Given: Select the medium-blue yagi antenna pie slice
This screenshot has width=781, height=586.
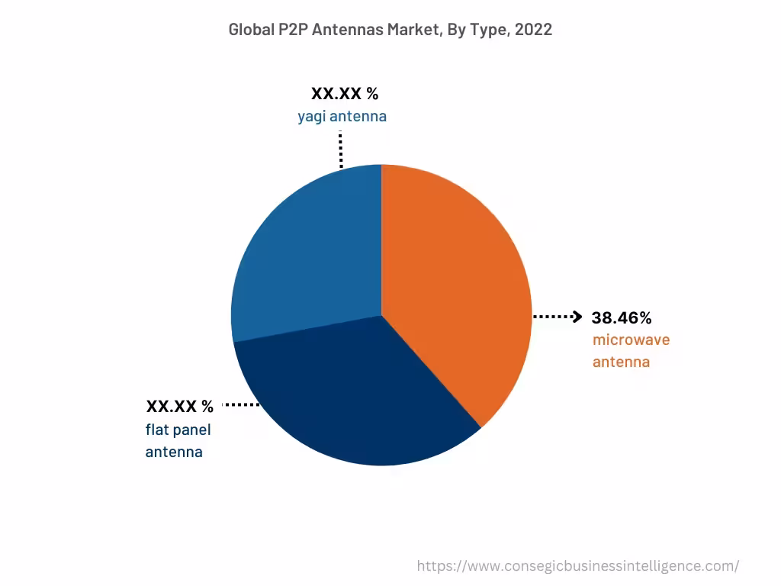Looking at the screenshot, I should pos(313,244).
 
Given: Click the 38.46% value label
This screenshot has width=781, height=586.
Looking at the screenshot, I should pos(622,318).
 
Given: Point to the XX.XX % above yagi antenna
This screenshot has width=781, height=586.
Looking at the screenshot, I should pos(345,94).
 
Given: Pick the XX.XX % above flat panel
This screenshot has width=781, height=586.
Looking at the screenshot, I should pos(180,405).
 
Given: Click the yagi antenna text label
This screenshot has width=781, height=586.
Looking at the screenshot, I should pos(342,117).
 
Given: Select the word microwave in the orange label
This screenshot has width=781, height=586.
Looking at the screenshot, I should pos(631,340).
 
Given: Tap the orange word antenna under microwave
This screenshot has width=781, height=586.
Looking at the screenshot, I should pos(621,362).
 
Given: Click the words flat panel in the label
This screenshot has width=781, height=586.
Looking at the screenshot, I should pos(178,430).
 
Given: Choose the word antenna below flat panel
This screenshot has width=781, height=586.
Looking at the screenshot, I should pos(174,452).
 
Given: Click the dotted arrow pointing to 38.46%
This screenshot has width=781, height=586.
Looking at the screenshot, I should pos(558,317).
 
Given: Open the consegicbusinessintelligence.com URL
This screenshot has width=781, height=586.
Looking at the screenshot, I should pos(577,566).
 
